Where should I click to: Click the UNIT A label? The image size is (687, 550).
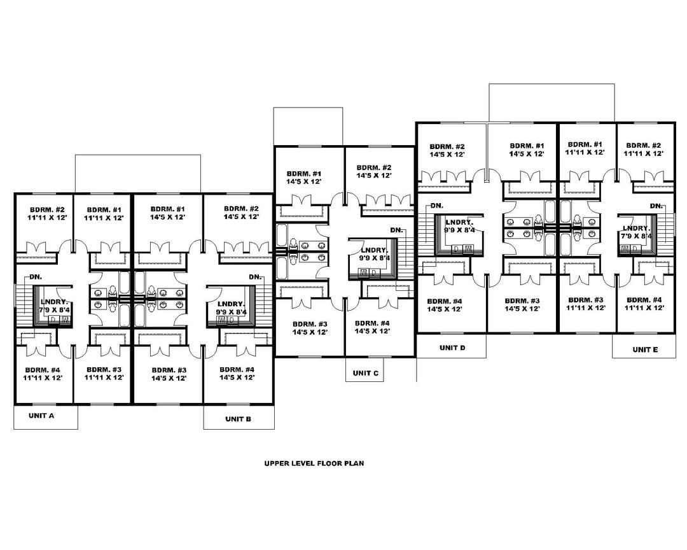(41, 415)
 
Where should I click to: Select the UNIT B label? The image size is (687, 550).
(238, 419)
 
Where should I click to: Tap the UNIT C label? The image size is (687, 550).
(365, 373)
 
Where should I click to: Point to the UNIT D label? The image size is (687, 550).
(452, 348)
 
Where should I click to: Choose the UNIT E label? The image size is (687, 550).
(645, 349)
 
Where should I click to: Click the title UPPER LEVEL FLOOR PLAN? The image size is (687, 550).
(314, 463)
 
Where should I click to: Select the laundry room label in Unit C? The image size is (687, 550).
(374, 250)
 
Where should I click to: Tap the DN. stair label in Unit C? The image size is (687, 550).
(396, 230)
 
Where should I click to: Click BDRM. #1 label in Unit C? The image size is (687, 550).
(304, 173)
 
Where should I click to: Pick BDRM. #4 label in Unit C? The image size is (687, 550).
(372, 323)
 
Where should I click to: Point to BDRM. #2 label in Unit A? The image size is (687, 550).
(47, 209)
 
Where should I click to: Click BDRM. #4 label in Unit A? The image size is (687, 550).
(43, 370)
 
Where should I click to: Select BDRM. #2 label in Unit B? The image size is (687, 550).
(241, 209)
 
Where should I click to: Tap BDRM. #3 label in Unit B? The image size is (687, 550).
(169, 370)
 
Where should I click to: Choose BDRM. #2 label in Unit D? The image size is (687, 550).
(447, 146)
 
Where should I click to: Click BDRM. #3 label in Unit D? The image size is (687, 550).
(522, 301)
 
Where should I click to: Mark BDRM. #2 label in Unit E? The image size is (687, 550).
(643, 145)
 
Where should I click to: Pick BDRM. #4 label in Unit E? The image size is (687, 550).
(644, 300)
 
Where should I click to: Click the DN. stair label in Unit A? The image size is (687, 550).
(36, 277)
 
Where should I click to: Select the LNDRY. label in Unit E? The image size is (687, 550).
(636, 228)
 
